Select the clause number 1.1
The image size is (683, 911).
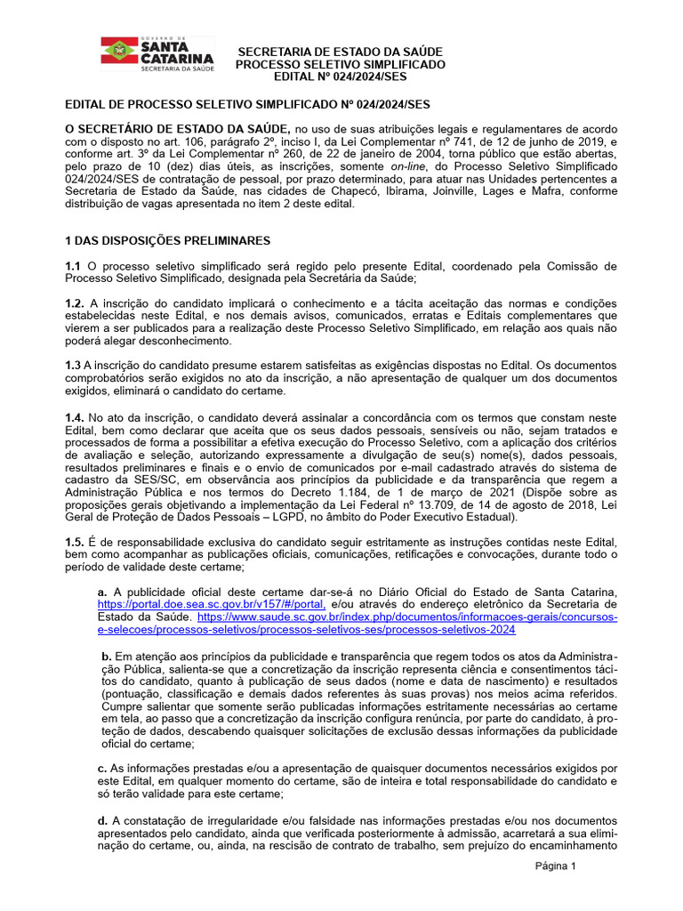coord(73,266)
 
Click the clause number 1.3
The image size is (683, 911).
coord(73,366)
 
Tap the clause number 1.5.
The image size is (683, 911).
coord(75,542)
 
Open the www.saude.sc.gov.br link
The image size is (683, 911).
coord(406,617)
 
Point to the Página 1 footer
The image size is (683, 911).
coord(556,866)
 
